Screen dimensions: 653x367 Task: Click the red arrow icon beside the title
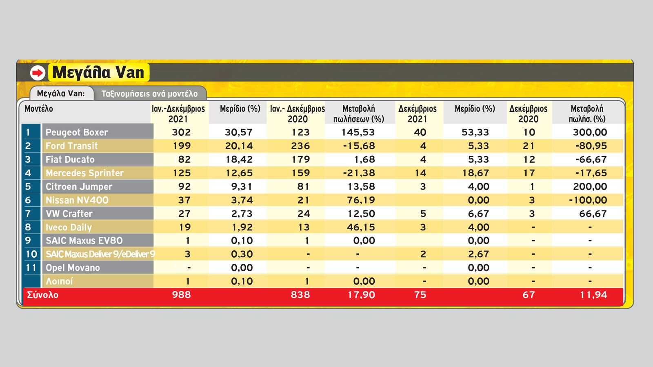coord(38,73)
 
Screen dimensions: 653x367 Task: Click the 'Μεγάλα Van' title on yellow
coord(98,72)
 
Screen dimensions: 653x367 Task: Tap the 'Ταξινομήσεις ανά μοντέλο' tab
coord(149,94)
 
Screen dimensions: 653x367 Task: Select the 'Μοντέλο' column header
coord(39,109)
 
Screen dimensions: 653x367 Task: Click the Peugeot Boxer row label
coord(77,132)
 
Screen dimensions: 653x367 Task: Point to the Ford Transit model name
coord(72,146)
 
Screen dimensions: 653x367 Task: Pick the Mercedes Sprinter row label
coord(84,173)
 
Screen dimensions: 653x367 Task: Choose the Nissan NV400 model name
coord(77,200)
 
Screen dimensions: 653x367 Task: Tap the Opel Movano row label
coord(73,268)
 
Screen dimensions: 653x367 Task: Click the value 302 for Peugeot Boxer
coord(181,132)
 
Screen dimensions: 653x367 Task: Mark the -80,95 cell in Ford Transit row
coord(591,146)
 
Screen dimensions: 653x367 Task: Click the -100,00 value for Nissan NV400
coord(588,200)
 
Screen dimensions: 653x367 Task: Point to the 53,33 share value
coord(475,132)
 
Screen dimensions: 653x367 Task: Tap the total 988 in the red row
coord(181,295)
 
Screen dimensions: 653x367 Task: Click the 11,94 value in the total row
coord(593,295)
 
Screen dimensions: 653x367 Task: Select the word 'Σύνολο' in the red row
coord(42,295)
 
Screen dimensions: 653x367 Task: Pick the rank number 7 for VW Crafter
coord(28,214)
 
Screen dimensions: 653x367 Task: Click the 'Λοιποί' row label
coord(59,281)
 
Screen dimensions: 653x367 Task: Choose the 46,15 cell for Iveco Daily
coord(361,227)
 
